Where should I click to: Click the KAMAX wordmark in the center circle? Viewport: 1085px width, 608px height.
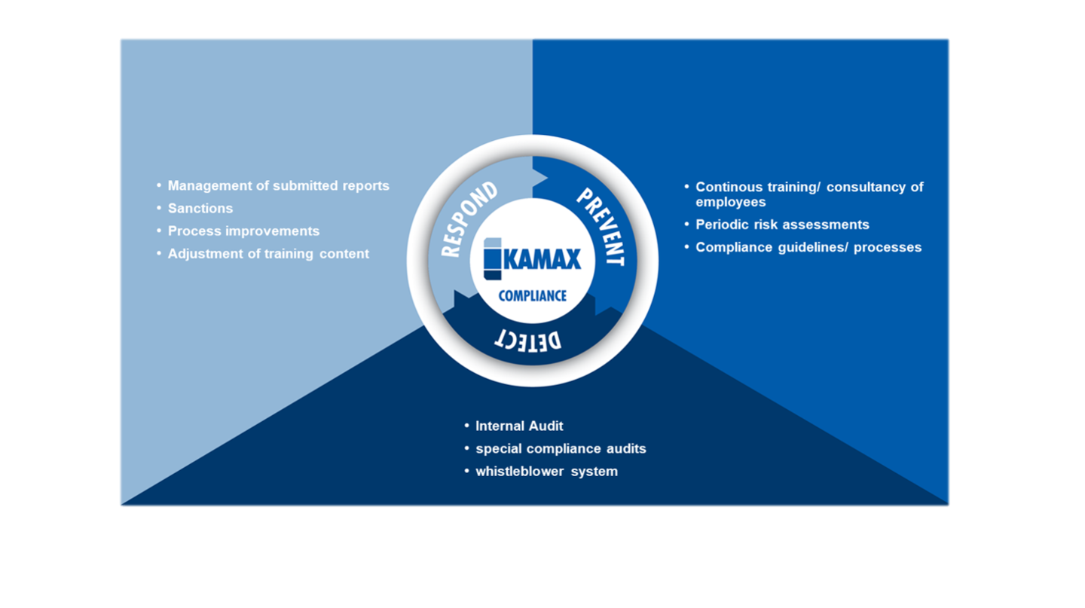(x=542, y=259)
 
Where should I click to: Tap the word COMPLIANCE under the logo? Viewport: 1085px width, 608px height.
(x=532, y=296)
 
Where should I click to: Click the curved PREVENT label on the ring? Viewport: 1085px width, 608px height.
(x=601, y=227)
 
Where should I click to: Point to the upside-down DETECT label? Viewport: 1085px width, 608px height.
(x=528, y=341)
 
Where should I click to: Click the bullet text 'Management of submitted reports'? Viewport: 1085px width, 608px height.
(x=279, y=186)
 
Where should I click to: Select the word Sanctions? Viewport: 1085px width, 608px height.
(x=200, y=209)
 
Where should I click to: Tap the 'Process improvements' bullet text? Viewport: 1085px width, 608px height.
(x=243, y=231)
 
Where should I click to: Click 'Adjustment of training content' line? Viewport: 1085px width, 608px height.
(x=268, y=254)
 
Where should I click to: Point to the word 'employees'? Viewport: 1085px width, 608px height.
(x=730, y=202)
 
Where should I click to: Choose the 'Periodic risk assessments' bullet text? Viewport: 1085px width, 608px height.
(x=782, y=225)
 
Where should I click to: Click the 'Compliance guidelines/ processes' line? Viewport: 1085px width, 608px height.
(x=808, y=248)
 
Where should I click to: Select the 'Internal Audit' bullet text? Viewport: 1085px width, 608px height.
(x=519, y=426)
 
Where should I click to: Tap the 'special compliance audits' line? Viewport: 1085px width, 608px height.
(x=561, y=448)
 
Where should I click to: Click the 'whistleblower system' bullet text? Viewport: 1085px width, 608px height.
(x=547, y=472)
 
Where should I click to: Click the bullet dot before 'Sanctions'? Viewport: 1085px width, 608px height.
(x=159, y=208)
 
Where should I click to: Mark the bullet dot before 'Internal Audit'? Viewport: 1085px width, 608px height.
(x=467, y=426)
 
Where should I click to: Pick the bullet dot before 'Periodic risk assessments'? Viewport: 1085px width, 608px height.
(x=687, y=225)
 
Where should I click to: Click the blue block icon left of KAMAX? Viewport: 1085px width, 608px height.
(x=493, y=258)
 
